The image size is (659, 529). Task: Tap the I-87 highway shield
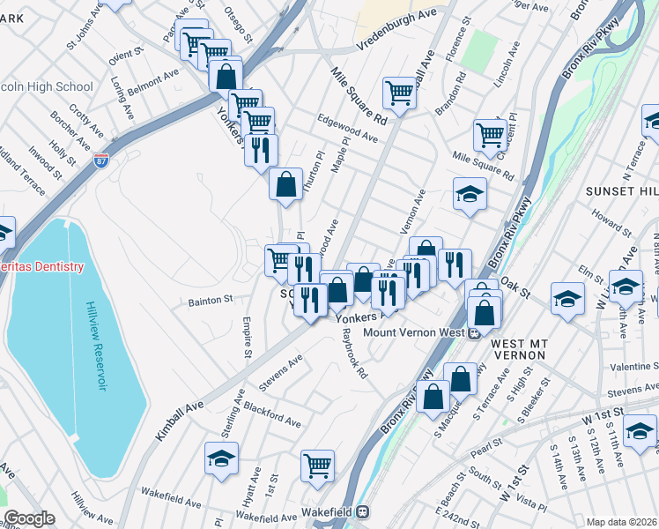coord(102,161)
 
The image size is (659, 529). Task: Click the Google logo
coord(29,519)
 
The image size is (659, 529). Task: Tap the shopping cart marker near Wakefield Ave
coord(317,466)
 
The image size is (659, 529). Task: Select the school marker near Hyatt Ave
coord(221,458)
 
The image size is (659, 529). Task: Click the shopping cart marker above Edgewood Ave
coord(399,93)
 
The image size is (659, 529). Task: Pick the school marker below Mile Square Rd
coord(470,193)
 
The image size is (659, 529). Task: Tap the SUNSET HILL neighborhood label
coord(620,191)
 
